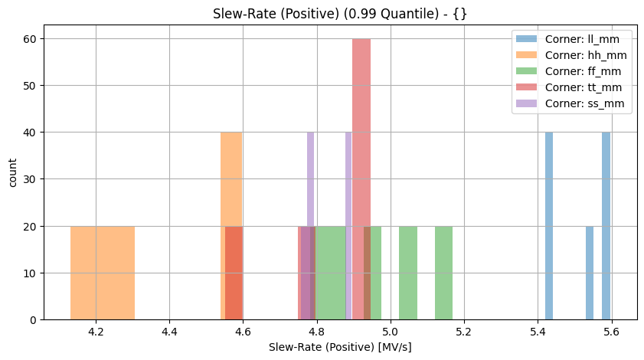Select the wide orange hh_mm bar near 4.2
103,273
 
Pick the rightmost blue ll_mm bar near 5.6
606,226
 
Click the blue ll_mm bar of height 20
590,273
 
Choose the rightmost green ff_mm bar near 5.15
443,273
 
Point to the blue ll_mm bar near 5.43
549,226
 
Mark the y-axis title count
12,179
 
